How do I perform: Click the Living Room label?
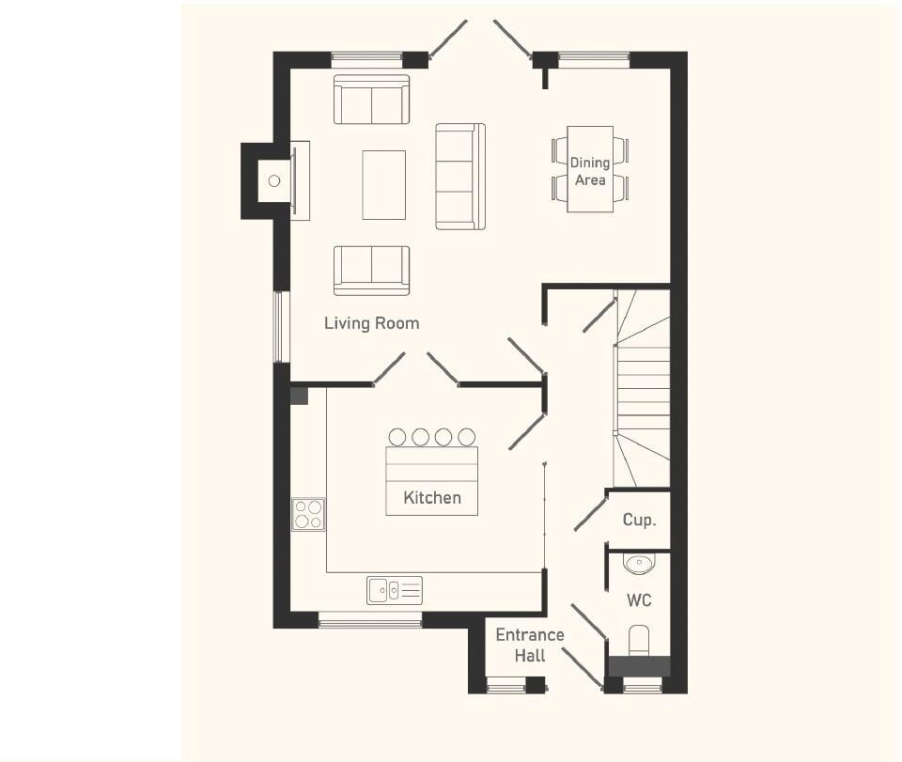coord(371,323)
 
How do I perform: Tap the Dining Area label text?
coord(590,171)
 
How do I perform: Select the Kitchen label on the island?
coord(432,497)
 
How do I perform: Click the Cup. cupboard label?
coord(639,520)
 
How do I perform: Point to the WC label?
coord(639,600)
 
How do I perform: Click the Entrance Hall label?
coord(530,645)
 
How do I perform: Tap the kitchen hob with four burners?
coord(308,514)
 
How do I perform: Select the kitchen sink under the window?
coord(395,590)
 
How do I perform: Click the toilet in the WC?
coord(639,641)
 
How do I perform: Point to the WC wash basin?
coord(639,564)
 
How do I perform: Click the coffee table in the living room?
coord(383,184)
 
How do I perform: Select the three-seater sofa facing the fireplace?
coord(459,176)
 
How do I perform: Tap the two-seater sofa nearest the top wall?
coord(371,100)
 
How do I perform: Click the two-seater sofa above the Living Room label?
coord(371,270)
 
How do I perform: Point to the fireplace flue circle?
coord(274,180)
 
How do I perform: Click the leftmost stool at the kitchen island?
coord(397,437)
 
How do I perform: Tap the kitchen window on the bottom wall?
coord(370,620)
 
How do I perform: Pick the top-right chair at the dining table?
coord(620,149)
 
